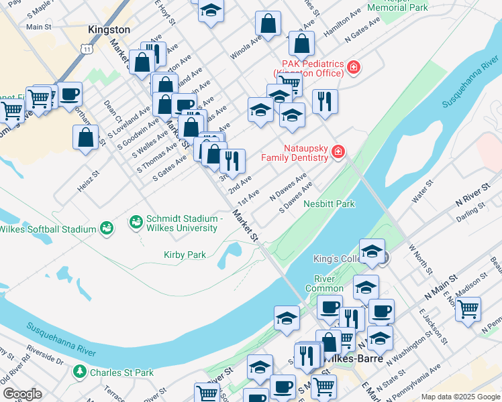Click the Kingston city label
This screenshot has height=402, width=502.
tap(109, 30)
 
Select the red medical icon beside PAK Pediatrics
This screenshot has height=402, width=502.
tap(354, 67)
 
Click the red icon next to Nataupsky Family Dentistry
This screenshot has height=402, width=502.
tap(338, 152)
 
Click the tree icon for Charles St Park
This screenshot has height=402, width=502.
tap(80, 372)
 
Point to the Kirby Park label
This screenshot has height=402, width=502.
tap(185, 255)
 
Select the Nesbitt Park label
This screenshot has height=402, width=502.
tap(329, 204)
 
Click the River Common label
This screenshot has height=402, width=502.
tap(324, 283)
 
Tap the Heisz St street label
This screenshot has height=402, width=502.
tap(88, 181)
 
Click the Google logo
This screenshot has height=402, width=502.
tap(21, 394)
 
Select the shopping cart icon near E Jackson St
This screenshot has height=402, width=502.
tap(468, 309)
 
